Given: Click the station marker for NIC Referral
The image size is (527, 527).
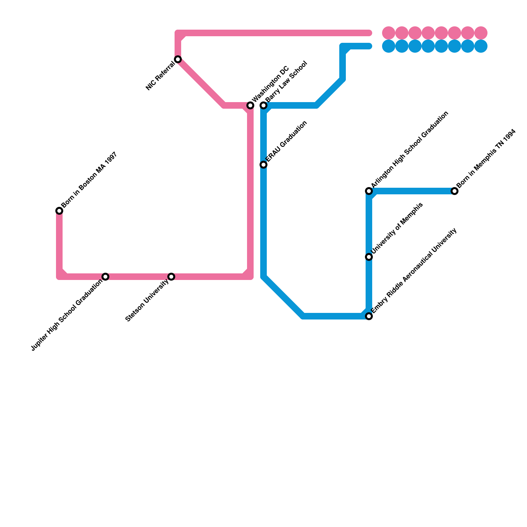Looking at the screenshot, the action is [178, 59].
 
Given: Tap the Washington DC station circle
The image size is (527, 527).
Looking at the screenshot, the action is [250, 105].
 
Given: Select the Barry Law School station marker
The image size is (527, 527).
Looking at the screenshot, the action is [263, 105].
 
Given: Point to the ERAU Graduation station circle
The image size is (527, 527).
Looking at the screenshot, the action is [263, 165].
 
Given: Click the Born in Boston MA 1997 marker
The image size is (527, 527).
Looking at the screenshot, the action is [59, 211].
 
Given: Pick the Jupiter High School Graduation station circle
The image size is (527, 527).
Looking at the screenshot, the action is [105, 277].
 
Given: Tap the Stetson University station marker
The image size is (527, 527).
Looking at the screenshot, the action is [171, 277].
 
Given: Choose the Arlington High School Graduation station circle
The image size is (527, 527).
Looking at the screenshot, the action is [369, 191].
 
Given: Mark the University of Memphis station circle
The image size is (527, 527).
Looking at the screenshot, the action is [369, 257].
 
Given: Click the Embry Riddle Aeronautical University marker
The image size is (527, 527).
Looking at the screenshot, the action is [369, 316].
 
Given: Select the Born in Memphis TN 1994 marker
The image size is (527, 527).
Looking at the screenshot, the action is [455, 191].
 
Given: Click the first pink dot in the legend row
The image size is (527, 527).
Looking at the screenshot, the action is [389, 33].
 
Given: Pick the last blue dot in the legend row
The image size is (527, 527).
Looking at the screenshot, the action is [481, 46].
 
